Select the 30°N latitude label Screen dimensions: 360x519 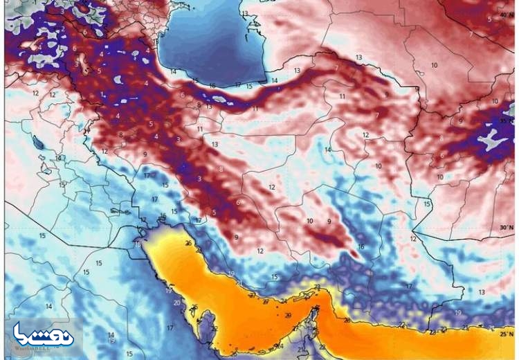click(x=507, y=227)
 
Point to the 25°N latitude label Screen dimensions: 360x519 click(x=508, y=334)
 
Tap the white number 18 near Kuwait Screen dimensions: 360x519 click(x=138, y=244)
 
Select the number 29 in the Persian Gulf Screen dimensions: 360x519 click(x=288, y=314)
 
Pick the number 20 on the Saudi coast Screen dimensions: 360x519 click(x=176, y=303)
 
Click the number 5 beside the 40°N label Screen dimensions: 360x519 click(x=489, y=19)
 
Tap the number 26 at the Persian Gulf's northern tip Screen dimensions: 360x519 click(x=188, y=243)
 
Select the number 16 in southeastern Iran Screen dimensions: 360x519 click(x=361, y=247)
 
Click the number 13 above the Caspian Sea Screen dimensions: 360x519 click(x=244, y=13)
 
